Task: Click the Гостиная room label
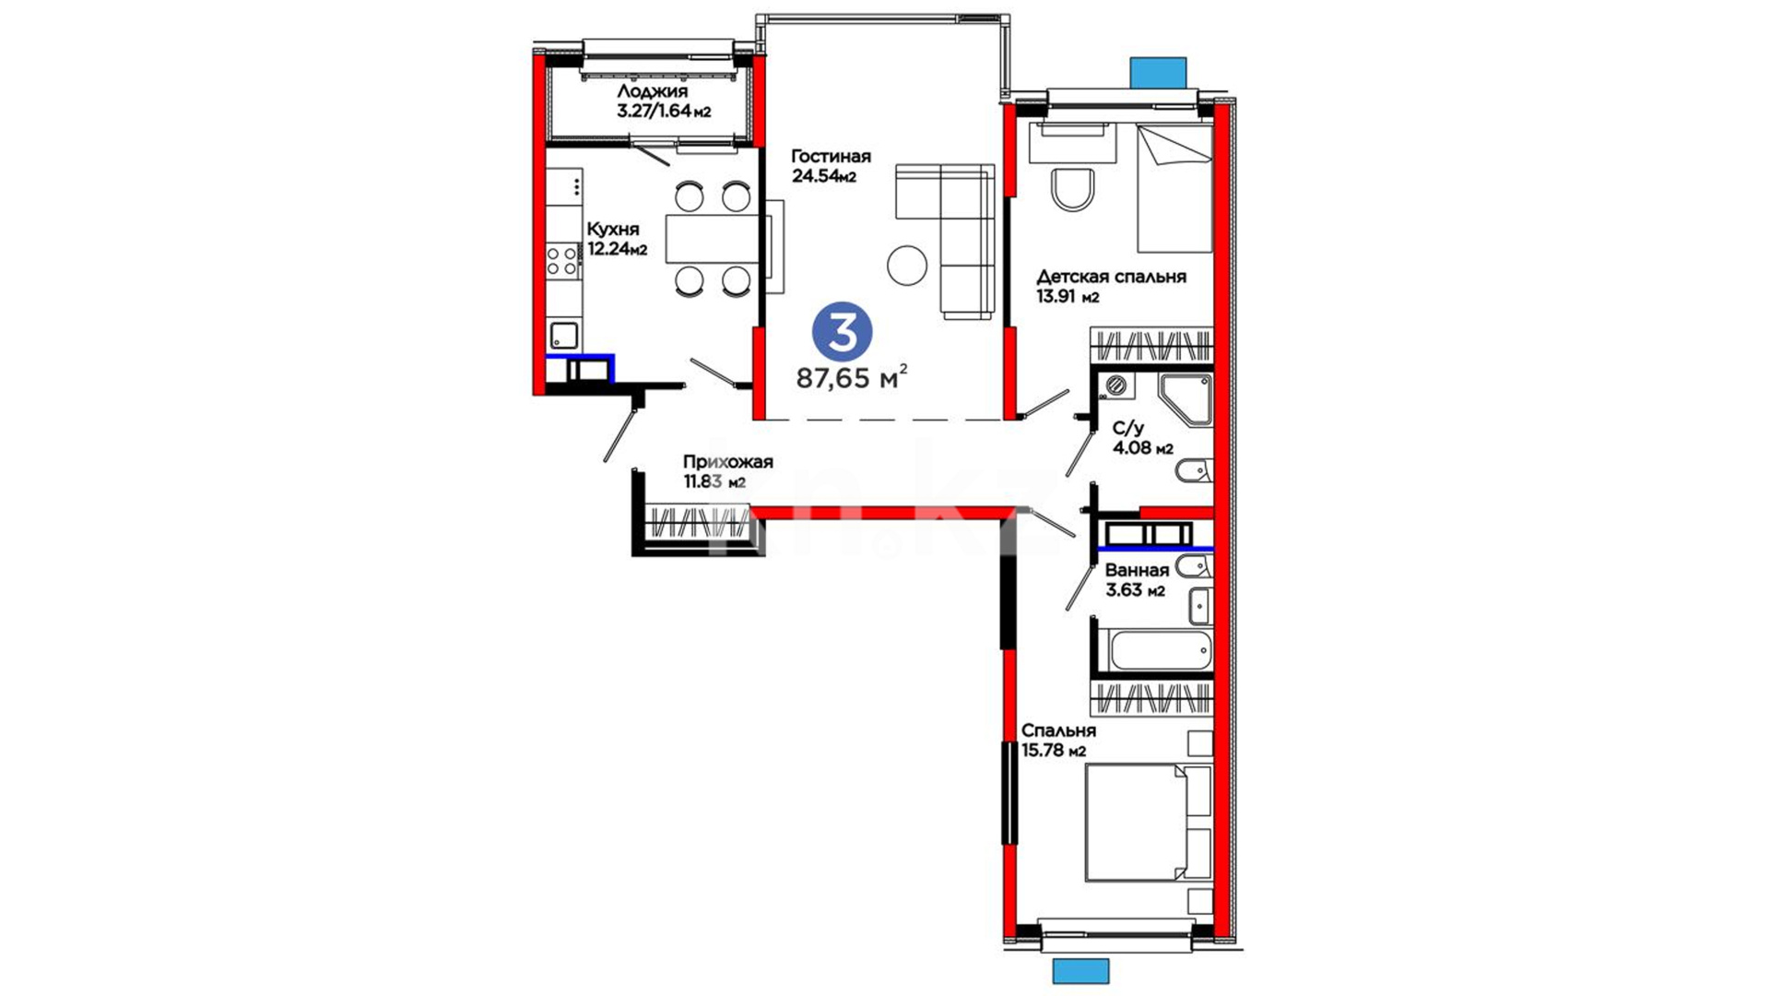tap(831, 157)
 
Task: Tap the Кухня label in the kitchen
tap(613, 230)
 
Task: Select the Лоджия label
tap(652, 92)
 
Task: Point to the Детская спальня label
tap(1111, 277)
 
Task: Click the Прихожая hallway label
tap(727, 462)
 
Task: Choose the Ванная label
tap(1137, 571)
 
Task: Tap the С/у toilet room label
tap(1128, 429)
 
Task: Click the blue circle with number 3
tap(842, 332)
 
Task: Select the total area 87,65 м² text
tap(852, 377)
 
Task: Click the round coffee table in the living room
tap(907, 266)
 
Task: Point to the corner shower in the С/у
tap(1186, 399)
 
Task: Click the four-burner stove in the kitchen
tap(562, 259)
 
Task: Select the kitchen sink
tap(563, 335)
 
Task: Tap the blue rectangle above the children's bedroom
tap(1158, 72)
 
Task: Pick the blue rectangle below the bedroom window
tap(1080, 971)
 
